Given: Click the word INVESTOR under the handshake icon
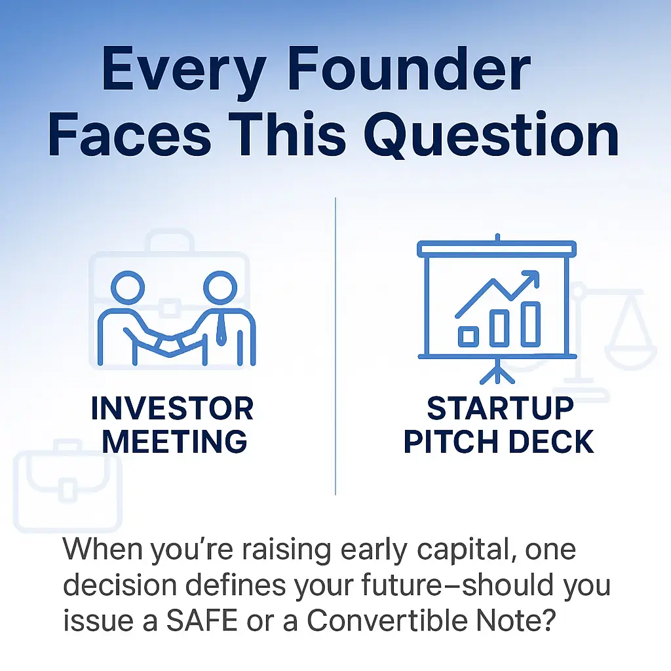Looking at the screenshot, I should click(x=172, y=409).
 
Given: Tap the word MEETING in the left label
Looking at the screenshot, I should click(x=175, y=441).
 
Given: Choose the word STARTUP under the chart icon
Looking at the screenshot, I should click(x=500, y=409).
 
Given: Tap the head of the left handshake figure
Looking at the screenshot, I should click(x=126, y=286).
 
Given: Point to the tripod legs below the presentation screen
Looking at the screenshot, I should click(x=497, y=374).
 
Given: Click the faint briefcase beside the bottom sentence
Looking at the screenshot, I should click(x=67, y=488).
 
